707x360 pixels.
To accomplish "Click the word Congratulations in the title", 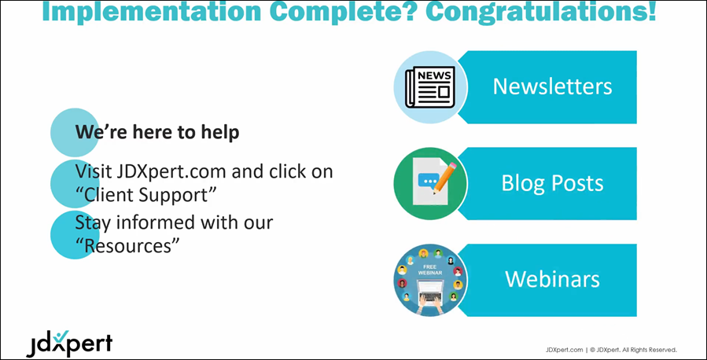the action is point(541,12).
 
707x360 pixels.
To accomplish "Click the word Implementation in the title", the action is point(152,12).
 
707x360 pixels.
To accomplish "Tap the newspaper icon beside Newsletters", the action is point(429,87).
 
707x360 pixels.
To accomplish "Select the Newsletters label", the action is point(552,86).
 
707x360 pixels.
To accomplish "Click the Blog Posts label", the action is point(552,183).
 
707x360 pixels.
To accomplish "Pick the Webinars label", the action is point(552,279).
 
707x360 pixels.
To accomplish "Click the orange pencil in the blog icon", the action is point(444,178).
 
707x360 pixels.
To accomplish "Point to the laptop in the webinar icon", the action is point(429,288).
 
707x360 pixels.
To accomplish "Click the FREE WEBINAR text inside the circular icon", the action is point(429,270).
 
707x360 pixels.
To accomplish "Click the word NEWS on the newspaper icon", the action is point(434,75).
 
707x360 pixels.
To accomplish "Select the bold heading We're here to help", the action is point(157,133).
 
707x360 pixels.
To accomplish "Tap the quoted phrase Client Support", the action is point(146,195).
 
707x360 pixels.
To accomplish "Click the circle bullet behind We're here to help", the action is point(74,133).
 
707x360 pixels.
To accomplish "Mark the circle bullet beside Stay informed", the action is point(74,235).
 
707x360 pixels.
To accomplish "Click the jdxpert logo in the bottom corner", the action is point(69,343).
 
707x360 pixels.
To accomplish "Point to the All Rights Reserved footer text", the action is point(650,349).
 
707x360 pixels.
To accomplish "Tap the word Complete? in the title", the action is point(343,12).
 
